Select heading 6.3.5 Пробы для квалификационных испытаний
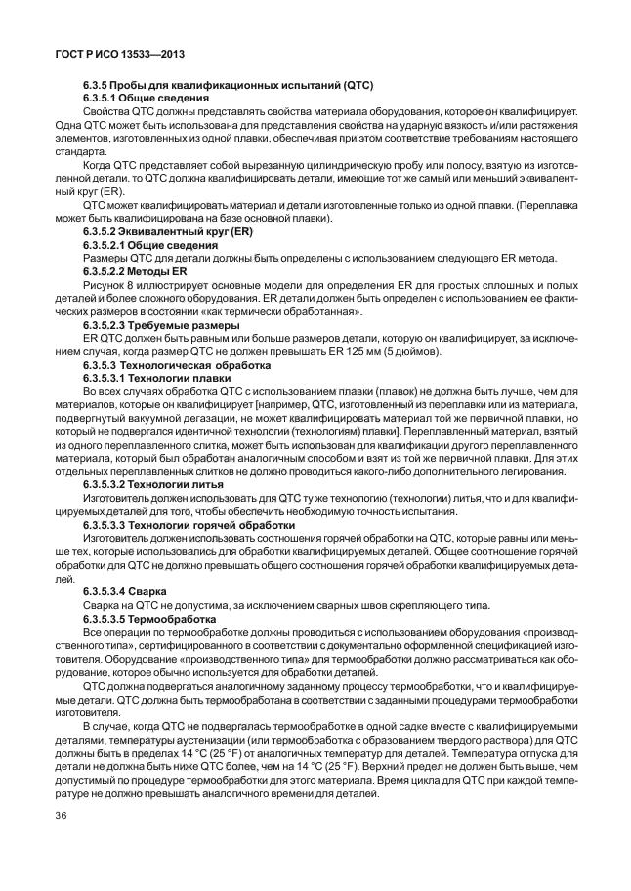coord(228,85)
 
